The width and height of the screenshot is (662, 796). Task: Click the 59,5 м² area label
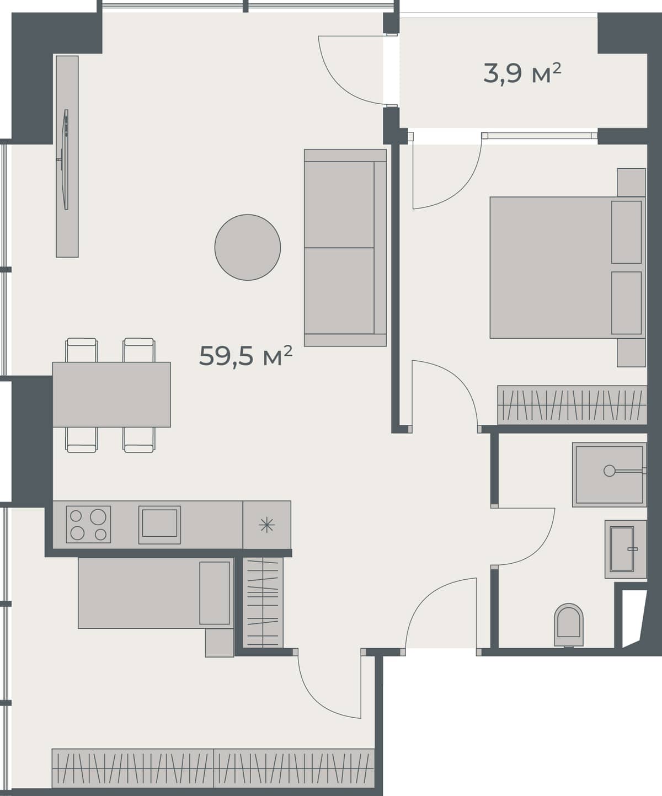pos(245,356)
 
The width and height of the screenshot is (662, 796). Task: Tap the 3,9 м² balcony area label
pos(522,73)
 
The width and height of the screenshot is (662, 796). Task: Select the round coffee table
pos(248,247)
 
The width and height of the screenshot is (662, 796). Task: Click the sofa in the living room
pos(345,248)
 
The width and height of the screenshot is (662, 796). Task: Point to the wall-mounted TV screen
pos(66,159)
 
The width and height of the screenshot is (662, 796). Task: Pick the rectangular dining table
pos(111,394)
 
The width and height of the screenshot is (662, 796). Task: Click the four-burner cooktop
pos(88,524)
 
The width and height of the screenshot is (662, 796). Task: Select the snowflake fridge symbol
pos(266,525)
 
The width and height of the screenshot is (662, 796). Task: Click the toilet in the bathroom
pos(569,624)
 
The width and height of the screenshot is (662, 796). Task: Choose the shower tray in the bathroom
pos(609,474)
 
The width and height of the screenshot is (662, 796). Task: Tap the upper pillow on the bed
pos(627,232)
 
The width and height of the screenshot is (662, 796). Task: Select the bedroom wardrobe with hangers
pos(572,405)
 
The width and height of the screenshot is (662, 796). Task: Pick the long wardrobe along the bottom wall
pos(213,768)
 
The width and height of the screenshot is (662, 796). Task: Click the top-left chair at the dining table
pos(82,350)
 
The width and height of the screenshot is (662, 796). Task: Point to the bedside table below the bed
pos(631,352)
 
